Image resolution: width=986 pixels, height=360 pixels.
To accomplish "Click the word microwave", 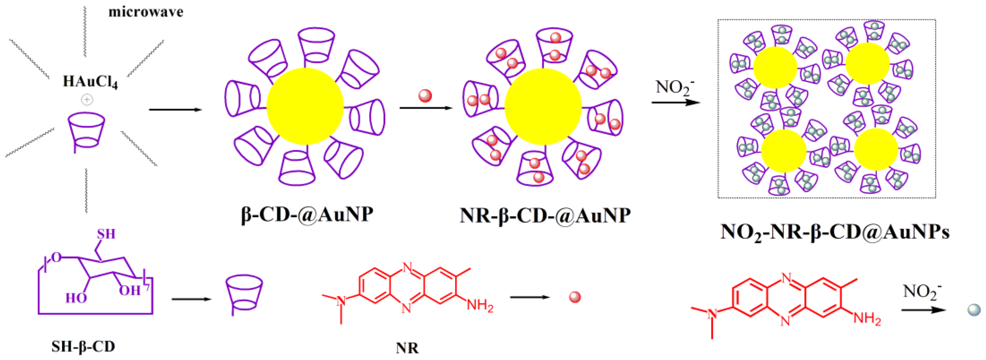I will click(x=146, y=12).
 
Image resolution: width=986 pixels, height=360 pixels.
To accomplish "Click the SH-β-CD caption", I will click(x=83, y=347).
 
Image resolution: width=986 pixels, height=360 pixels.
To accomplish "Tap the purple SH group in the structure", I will click(x=106, y=234).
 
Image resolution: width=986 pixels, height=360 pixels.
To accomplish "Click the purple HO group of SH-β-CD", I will click(x=76, y=298).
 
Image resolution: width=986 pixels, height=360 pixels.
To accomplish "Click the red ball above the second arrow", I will click(x=425, y=96).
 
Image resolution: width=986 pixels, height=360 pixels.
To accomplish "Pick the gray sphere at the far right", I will click(x=974, y=310).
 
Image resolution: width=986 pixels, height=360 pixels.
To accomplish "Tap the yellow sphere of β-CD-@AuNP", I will click(x=305, y=106).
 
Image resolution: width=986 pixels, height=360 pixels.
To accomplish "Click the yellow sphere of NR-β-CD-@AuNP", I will click(x=543, y=106).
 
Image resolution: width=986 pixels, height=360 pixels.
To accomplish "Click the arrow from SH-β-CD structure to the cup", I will click(x=191, y=299).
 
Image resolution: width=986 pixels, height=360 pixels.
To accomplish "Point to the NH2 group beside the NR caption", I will click(x=480, y=306).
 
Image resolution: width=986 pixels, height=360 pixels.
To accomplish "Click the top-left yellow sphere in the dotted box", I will click(x=775, y=68).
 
